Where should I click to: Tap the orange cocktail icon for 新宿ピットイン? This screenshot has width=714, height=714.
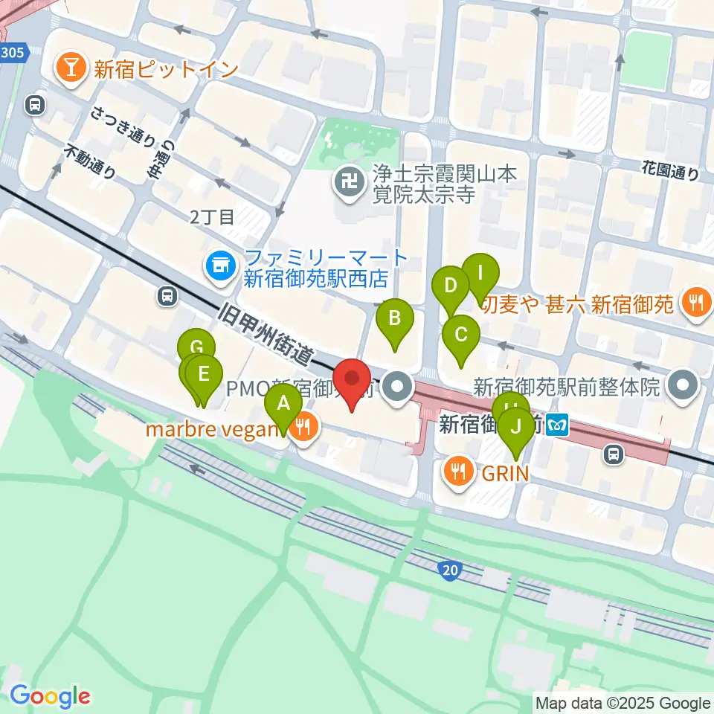point(71,69)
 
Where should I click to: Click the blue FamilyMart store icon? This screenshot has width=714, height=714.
point(221,269)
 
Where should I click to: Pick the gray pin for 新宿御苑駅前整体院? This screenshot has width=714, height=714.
point(683,385)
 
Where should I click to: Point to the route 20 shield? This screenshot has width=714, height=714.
point(448,570)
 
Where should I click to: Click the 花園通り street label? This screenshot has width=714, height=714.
point(671,172)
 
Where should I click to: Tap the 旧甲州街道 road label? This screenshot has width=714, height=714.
point(266,333)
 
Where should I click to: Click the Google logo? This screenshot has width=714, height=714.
point(49,697)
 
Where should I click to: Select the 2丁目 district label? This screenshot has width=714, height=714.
point(212,217)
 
